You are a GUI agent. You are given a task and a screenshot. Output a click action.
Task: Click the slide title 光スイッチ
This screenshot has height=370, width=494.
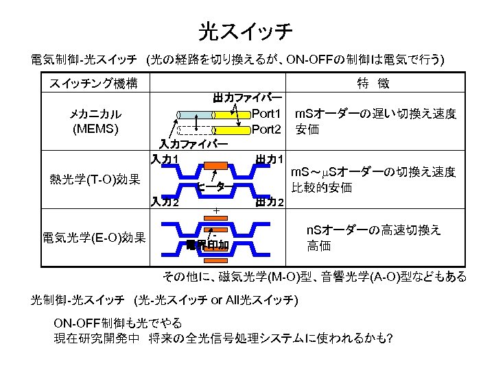tap(246, 30)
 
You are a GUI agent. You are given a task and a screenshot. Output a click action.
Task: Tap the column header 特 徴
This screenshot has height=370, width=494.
tap(373, 84)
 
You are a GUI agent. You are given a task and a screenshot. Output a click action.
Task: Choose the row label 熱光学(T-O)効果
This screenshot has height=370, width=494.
tap(95, 181)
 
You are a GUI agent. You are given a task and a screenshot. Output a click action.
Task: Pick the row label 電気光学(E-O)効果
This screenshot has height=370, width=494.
tap(94, 238)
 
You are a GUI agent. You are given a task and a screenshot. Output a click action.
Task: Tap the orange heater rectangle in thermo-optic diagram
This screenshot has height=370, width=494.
tap(215, 165)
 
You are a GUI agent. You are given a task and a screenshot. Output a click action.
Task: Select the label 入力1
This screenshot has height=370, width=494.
tap(165, 160)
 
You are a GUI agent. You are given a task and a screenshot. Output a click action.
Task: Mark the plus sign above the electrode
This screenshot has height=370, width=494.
tap(215, 210)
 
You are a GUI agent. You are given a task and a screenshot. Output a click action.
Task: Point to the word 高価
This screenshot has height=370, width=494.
tap(318, 245)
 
